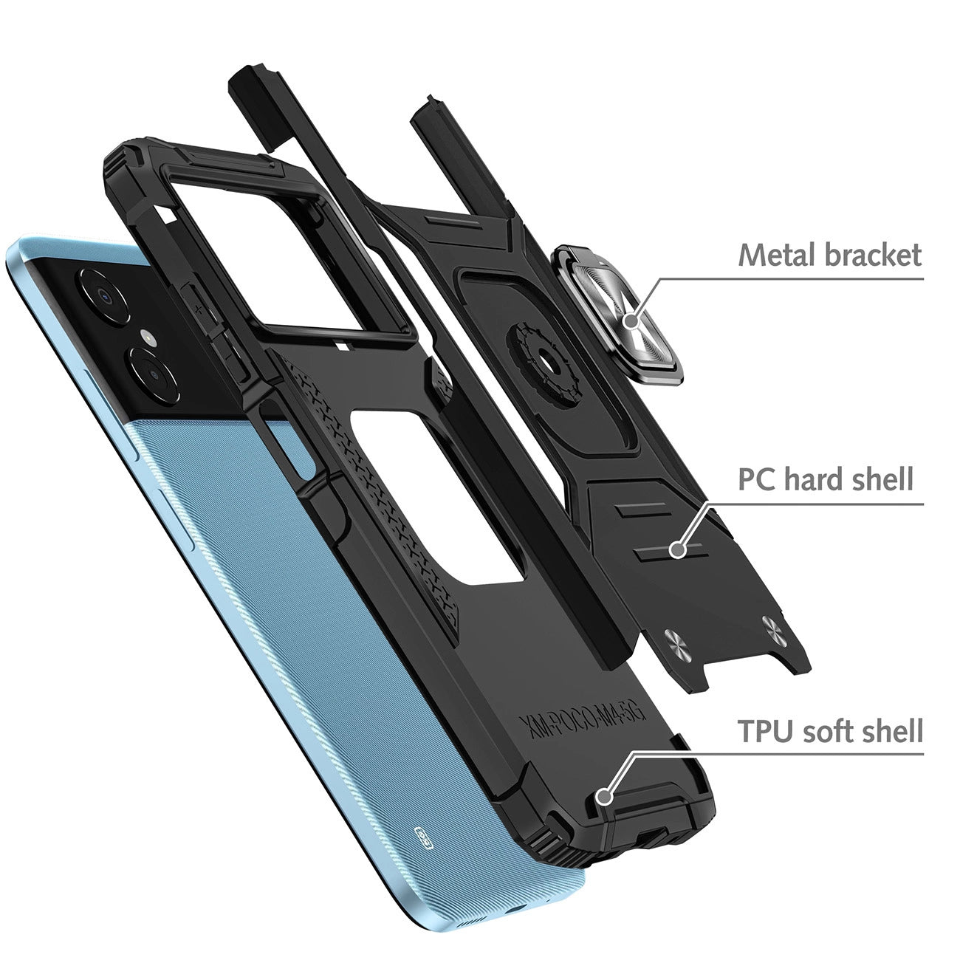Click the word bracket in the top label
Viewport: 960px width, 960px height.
[871, 255]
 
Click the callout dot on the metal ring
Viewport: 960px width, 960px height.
[631, 321]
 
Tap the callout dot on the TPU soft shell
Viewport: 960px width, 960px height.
[605, 796]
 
